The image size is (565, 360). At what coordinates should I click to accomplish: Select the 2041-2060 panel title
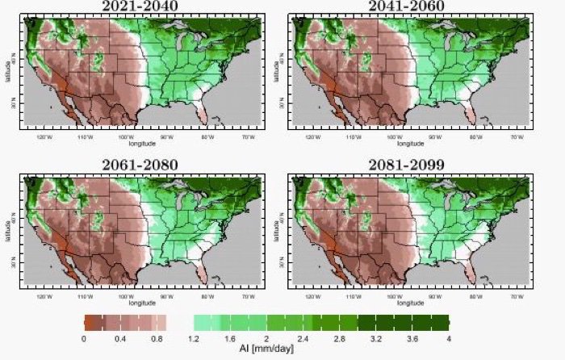409,7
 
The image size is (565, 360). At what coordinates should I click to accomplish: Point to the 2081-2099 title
409,165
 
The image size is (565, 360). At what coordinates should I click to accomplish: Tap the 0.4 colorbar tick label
120,338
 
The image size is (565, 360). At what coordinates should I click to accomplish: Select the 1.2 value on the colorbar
193,338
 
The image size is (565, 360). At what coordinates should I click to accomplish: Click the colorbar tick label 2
266,338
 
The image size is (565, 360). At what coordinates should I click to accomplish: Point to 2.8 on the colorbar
340,338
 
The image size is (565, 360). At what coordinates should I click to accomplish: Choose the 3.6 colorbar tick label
412,338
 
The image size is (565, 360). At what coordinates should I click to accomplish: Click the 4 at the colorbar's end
448,338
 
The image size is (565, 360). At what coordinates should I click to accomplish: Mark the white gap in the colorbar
178,323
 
